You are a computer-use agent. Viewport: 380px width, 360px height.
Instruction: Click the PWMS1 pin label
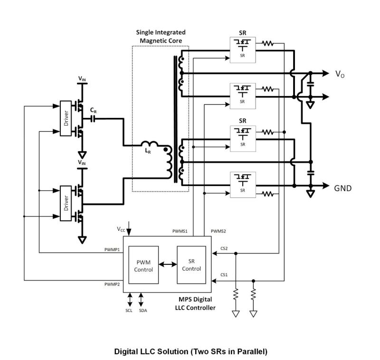180,231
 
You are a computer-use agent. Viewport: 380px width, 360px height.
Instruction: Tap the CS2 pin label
224,248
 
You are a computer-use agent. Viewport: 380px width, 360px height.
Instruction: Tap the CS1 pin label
224,275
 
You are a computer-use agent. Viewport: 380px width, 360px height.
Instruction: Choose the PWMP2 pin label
112,284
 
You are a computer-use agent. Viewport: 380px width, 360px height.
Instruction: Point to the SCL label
129,310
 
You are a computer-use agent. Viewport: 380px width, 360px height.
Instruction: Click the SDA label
142,310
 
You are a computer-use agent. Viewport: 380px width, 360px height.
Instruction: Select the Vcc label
122,228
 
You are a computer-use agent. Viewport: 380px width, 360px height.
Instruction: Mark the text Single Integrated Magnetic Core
161,37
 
